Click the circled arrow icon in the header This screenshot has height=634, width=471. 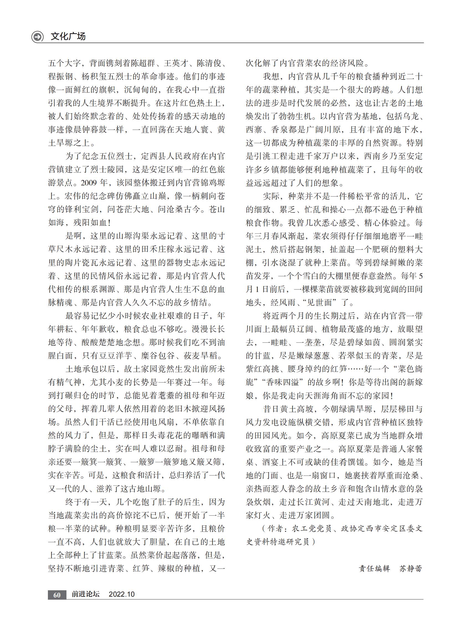tap(37, 37)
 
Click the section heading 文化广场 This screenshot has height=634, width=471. tap(68, 37)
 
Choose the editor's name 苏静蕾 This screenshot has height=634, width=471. tap(410, 568)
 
